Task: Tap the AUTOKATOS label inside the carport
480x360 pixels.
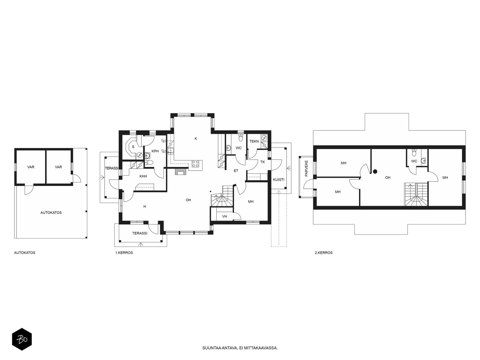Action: pyautogui.click(x=51, y=212)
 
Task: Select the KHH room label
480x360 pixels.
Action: pyautogui.click(x=143, y=176)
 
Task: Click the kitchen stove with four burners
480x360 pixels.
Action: pyautogui.click(x=196, y=164)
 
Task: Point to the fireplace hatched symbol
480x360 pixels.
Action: pyautogui.click(x=181, y=172)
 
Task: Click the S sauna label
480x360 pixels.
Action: pyautogui.click(x=133, y=147)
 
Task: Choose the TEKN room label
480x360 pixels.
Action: pyautogui.click(x=254, y=141)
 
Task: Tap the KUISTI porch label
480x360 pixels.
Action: pyautogui.click(x=279, y=179)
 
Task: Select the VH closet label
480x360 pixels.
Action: pyautogui.click(x=225, y=216)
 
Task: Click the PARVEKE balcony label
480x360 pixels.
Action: pyautogui.click(x=306, y=168)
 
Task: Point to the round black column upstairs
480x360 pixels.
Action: pyautogui.click(x=375, y=172)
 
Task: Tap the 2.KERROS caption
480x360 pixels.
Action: pyautogui.click(x=324, y=253)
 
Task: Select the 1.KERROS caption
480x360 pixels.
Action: pyautogui.click(x=124, y=253)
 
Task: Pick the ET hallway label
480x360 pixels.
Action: pyautogui.click(x=236, y=171)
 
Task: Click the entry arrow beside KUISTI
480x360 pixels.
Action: pyautogui.click(x=289, y=168)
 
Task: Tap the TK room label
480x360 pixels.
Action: pyautogui.click(x=262, y=162)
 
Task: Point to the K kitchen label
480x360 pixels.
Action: pyautogui.click(x=196, y=138)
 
